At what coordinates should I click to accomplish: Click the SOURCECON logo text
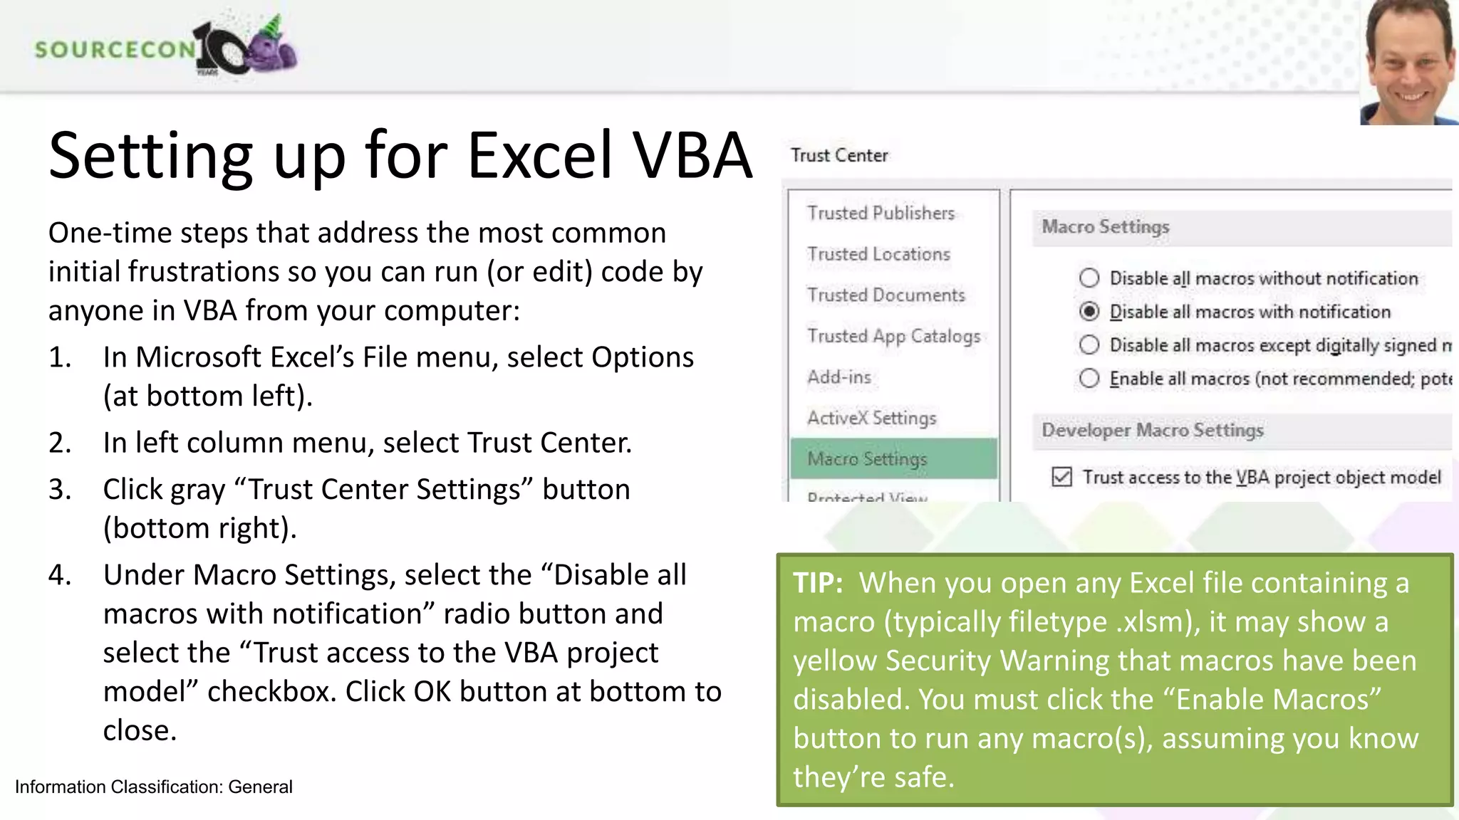pos(114,49)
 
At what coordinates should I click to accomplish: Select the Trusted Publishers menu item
pos(881,213)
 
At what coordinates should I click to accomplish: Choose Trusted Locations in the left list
pos(878,254)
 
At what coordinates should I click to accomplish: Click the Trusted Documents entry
pos(886,295)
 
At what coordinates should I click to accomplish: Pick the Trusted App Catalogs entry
pos(893,336)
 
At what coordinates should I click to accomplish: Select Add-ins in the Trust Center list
pos(839,377)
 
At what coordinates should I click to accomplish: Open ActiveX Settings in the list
pos(871,418)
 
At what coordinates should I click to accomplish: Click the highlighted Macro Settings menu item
pos(867,459)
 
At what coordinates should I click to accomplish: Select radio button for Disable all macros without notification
pos(1089,278)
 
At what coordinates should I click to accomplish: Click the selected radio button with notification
pos(1089,312)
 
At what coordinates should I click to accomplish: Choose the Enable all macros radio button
pos(1089,379)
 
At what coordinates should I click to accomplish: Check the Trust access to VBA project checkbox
pos(1061,477)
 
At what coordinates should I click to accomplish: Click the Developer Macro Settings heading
pos(1152,430)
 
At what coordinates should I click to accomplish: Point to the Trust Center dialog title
pos(839,155)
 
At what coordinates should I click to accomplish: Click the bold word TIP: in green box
pos(818,583)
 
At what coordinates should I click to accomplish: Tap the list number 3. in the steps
pos(60,490)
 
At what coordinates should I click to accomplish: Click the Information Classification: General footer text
pos(153,787)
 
